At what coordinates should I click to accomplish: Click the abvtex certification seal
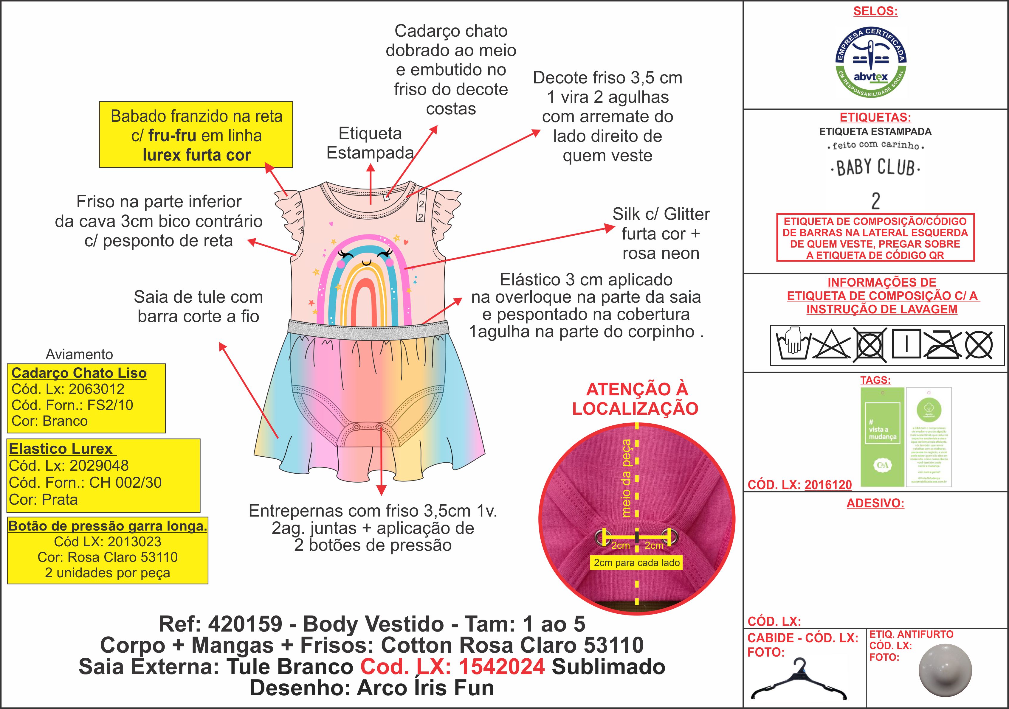point(871,63)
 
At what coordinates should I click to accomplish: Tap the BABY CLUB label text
point(875,168)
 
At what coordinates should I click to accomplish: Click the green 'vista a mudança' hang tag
point(882,437)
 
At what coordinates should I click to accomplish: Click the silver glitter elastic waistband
point(368,328)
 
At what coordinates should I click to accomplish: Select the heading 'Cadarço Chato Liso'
point(79,373)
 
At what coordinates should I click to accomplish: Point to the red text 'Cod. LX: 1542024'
point(452,666)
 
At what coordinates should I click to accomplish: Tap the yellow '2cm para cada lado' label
point(636,563)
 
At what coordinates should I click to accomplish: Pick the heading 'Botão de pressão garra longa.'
point(108,526)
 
